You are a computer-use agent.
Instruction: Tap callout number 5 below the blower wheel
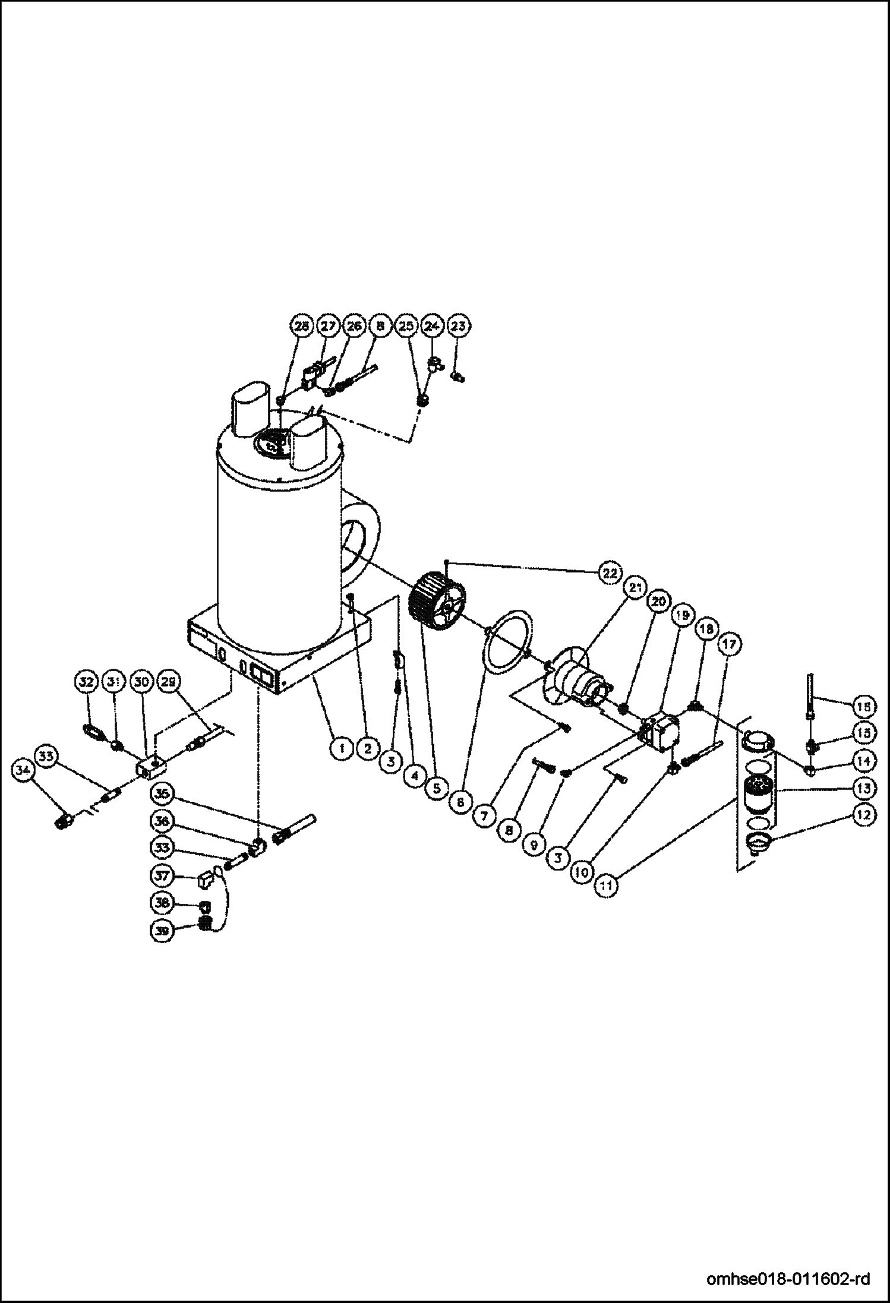(x=437, y=788)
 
